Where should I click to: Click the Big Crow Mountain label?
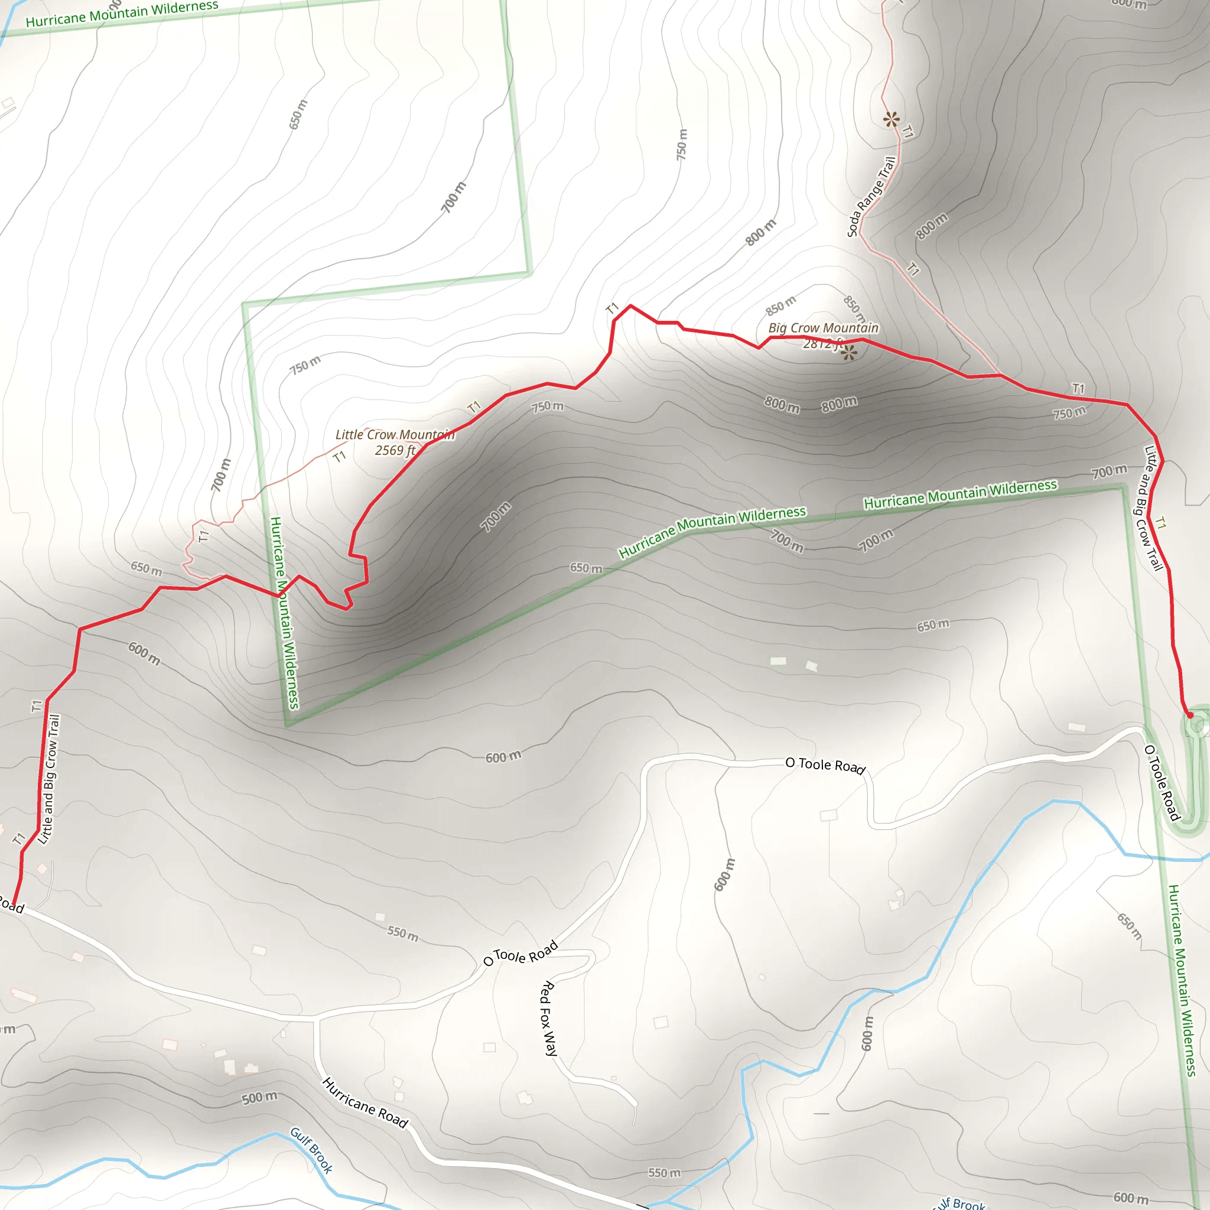pos(823,327)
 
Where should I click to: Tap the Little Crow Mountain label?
pos(395,435)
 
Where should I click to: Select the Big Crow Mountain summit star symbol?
pos(848,354)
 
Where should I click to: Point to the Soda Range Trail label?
pos(871,197)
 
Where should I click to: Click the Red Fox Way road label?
pos(548,1019)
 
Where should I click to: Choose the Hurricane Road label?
pos(365,1103)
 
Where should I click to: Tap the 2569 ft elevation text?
pos(395,450)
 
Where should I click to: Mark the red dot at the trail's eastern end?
pos(1190,715)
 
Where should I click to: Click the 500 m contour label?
pos(259,1098)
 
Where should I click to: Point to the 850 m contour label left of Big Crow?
pos(780,305)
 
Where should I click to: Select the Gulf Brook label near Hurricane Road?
pos(311,1150)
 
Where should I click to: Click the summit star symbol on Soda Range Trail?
pos(891,119)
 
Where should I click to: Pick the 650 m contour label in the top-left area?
pos(298,115)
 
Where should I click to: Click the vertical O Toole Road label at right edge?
pos(1162,783)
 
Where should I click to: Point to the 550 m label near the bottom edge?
pos(664,1172)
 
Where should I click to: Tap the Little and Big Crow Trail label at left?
pos(49,779)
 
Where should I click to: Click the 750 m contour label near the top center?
pos(682,144)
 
